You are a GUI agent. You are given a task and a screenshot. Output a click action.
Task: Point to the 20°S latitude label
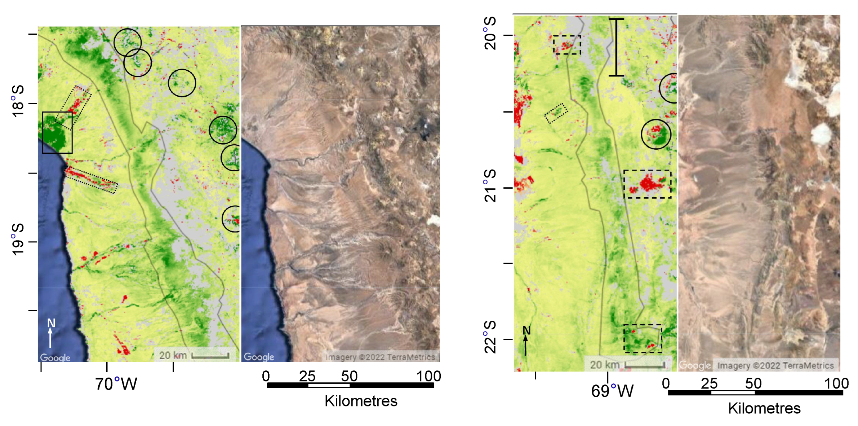[490, 33]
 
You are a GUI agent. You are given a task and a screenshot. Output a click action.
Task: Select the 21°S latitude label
[490, 186]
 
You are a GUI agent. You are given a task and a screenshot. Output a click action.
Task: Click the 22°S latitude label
[490, 337]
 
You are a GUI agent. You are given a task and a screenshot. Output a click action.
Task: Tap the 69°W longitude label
[612, 391]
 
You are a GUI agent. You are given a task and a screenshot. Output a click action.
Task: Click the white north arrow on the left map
[50, 334]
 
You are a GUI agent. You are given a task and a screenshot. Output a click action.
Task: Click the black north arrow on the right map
[526, 341]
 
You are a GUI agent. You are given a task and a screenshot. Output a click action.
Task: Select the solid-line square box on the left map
[57, 133]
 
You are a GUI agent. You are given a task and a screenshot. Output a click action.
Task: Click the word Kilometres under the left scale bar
[361, 401]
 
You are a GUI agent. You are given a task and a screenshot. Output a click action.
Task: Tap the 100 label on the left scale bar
[428, 377]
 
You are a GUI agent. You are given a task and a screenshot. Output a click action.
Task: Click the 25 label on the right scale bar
[709, 384]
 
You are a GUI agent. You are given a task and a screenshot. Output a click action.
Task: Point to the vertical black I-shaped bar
[616, 47]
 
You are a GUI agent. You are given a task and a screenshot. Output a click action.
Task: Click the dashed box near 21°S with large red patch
[647, 184]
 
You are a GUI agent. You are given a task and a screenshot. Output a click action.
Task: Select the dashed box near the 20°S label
[567, 45]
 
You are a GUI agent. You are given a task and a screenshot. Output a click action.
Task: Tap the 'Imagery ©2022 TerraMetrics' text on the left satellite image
[380, 357]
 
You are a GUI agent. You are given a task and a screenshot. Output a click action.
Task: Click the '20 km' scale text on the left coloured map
[173, 355]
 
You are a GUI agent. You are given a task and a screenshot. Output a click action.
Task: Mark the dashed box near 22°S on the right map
[643, 339]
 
